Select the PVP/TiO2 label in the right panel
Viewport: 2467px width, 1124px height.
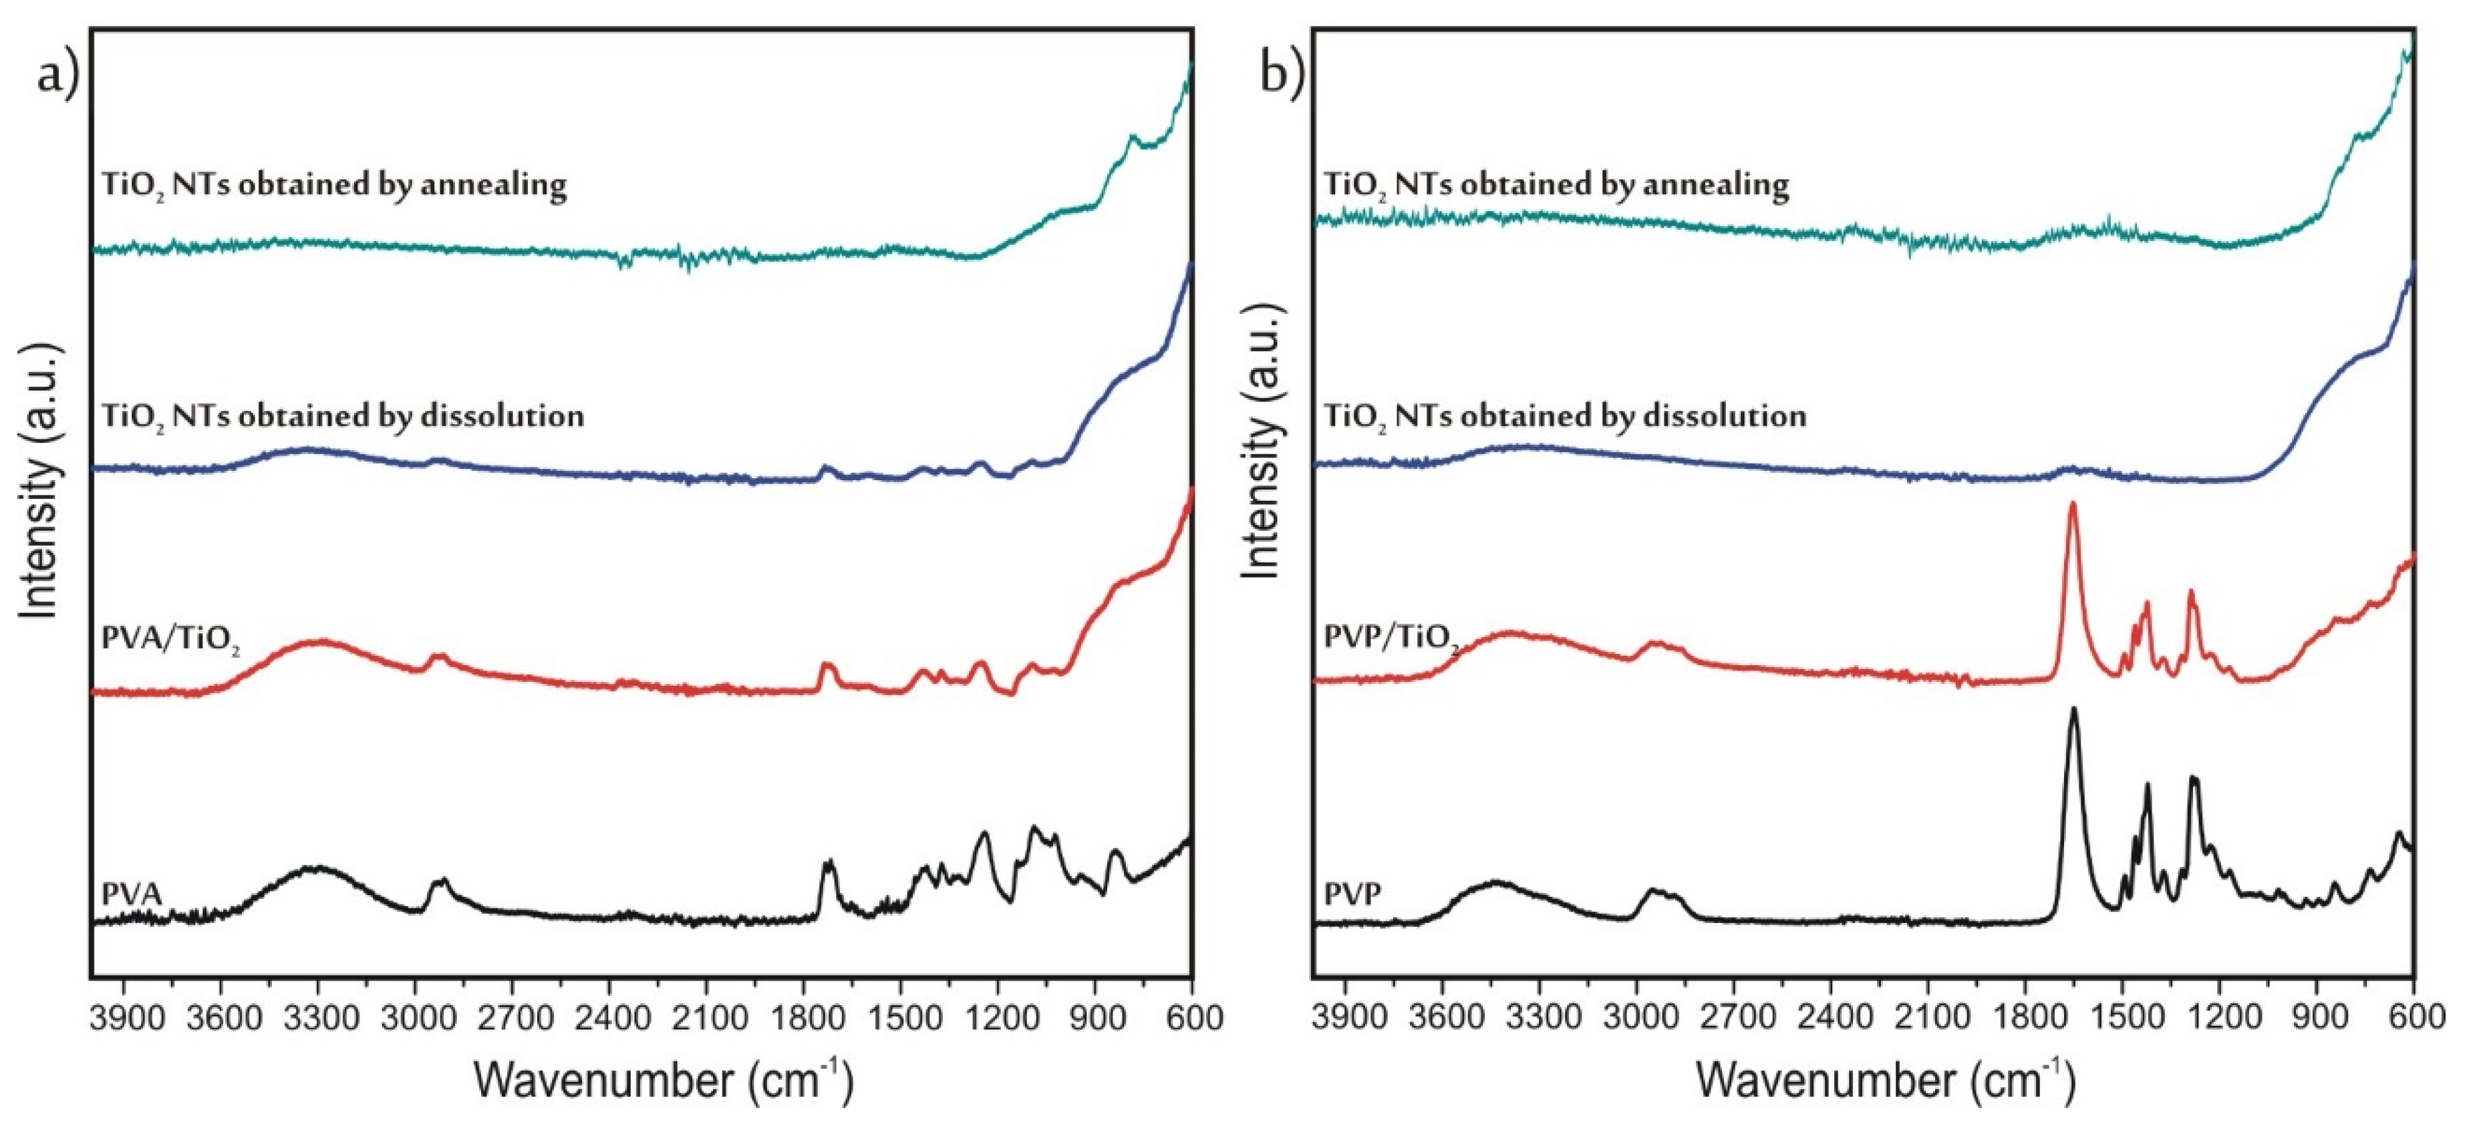click(x=1391, y=638)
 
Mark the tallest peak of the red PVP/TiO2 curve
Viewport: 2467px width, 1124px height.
click(x=2073, y=504)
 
